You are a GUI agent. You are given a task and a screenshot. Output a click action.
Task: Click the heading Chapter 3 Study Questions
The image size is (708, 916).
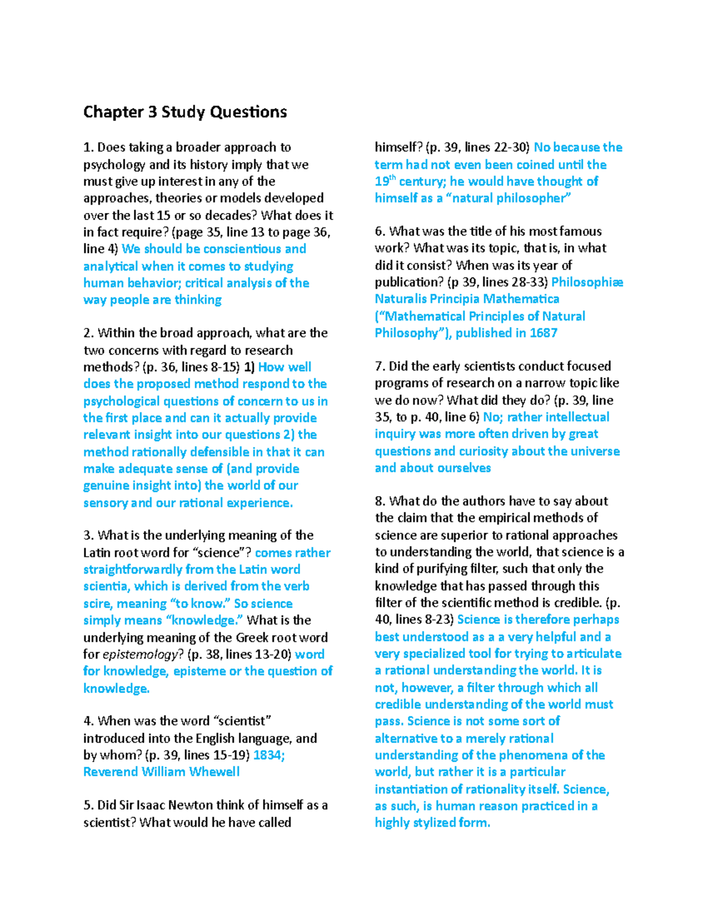(x=185, y=112)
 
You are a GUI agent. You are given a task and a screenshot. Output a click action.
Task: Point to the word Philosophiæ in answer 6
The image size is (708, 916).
(x=587, y=282)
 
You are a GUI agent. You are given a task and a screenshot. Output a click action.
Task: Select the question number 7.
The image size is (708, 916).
(x=379, y=366)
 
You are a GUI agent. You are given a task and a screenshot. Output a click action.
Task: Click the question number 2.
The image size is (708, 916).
(x=88, y=333)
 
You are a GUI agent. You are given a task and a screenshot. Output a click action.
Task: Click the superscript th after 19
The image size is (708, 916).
(x=392, y=178)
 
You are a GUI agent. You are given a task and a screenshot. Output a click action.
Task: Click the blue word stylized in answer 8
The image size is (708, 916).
(x=441, y=823)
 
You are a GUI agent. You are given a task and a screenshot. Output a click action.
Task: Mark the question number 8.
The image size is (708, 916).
(x=379, y=501)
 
